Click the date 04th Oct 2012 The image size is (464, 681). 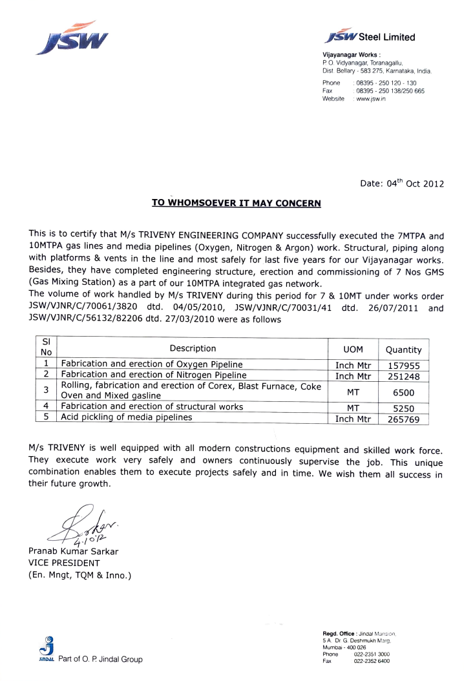pyautogui.click(x=402, y=183)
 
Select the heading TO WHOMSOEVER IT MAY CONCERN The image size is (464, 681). pyautogui.click(x=236, y=203)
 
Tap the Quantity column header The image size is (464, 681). pyautogui.click(x=403, y=350)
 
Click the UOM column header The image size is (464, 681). pyautogui.click(x=353, y=349)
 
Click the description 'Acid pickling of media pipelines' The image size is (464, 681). pyautogui.click(x=127, y=417)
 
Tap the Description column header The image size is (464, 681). pyautogui.click(x=193, y=349)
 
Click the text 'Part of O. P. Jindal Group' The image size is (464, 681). pyautogui.click(x=100, y=660)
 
